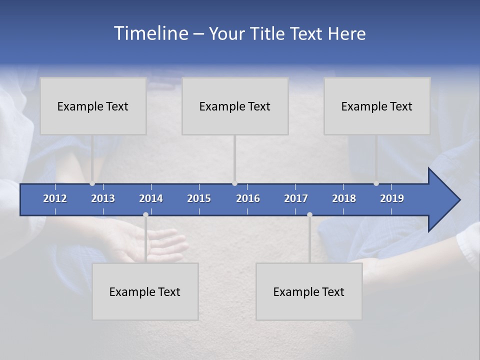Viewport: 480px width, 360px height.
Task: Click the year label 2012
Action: pos(55,198)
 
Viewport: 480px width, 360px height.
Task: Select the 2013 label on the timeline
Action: pos(103,198)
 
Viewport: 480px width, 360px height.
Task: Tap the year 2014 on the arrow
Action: pos(151,198)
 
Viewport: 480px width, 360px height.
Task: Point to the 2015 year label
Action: pos(199,198)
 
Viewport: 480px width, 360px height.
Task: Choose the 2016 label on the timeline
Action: pos(248,198)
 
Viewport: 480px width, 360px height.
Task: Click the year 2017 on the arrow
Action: pos(296,198)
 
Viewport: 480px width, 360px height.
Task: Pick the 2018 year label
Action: pos(344,198)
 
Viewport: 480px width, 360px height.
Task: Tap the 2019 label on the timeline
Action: pos(392,198)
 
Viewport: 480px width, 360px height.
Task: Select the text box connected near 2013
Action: pos(93,106)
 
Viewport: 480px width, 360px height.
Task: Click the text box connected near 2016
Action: pos(235,106)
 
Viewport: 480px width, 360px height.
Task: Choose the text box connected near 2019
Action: pos(377,106)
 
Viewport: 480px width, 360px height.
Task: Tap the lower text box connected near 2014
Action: pos(145,291)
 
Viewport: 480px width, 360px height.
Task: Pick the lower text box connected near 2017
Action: pos(309,291)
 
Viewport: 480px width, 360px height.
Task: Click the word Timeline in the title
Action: pos(150,33)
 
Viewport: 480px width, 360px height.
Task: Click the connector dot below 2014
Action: pos(145,214)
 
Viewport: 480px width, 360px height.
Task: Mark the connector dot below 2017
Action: pos(309,214)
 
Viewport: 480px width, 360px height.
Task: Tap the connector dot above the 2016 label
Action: pos(235,183)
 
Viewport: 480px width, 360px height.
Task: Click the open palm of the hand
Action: pos(150,245)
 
